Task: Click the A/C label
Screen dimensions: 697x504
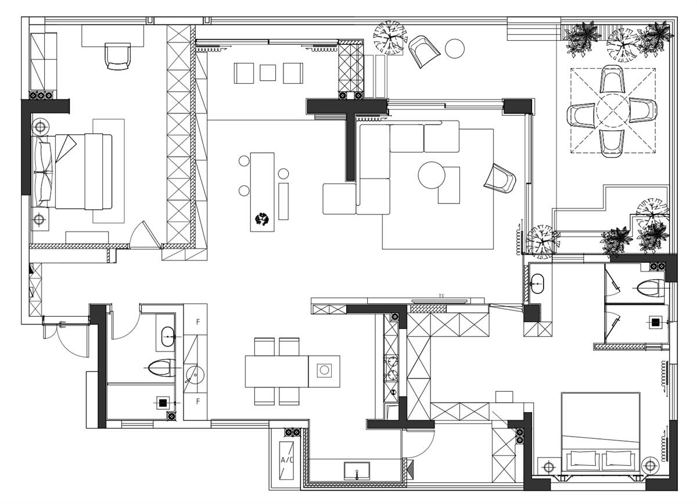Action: [x=286, y=460]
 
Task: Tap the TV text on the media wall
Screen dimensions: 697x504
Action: [x=441, y=296]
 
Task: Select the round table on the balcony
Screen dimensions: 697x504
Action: [x=613, y=111]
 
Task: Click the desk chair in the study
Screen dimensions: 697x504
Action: [x=117, y=56]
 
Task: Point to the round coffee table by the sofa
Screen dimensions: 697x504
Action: [x=432, y=175]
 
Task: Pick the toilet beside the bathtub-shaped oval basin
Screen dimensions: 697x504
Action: [x=162, y=367]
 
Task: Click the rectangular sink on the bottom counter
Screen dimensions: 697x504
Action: [x=357, y=471]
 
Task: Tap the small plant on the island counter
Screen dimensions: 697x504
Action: [x=262, y=219]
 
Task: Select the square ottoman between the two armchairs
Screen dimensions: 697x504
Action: [x=268, y=73]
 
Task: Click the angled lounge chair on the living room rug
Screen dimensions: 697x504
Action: [x=500, y=179]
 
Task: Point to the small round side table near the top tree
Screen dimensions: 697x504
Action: [x=455, y=49]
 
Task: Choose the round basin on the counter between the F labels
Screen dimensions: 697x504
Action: [x=195, y=374]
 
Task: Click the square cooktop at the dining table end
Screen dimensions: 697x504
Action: [x=324, y=370]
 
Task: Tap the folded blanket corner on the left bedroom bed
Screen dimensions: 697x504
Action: [x=65, y=148]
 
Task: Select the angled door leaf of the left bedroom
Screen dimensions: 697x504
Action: [x=152, y=234]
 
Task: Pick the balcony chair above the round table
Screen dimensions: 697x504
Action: [x=612, y=79]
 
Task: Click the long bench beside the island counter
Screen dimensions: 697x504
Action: [x=283, y=202]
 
